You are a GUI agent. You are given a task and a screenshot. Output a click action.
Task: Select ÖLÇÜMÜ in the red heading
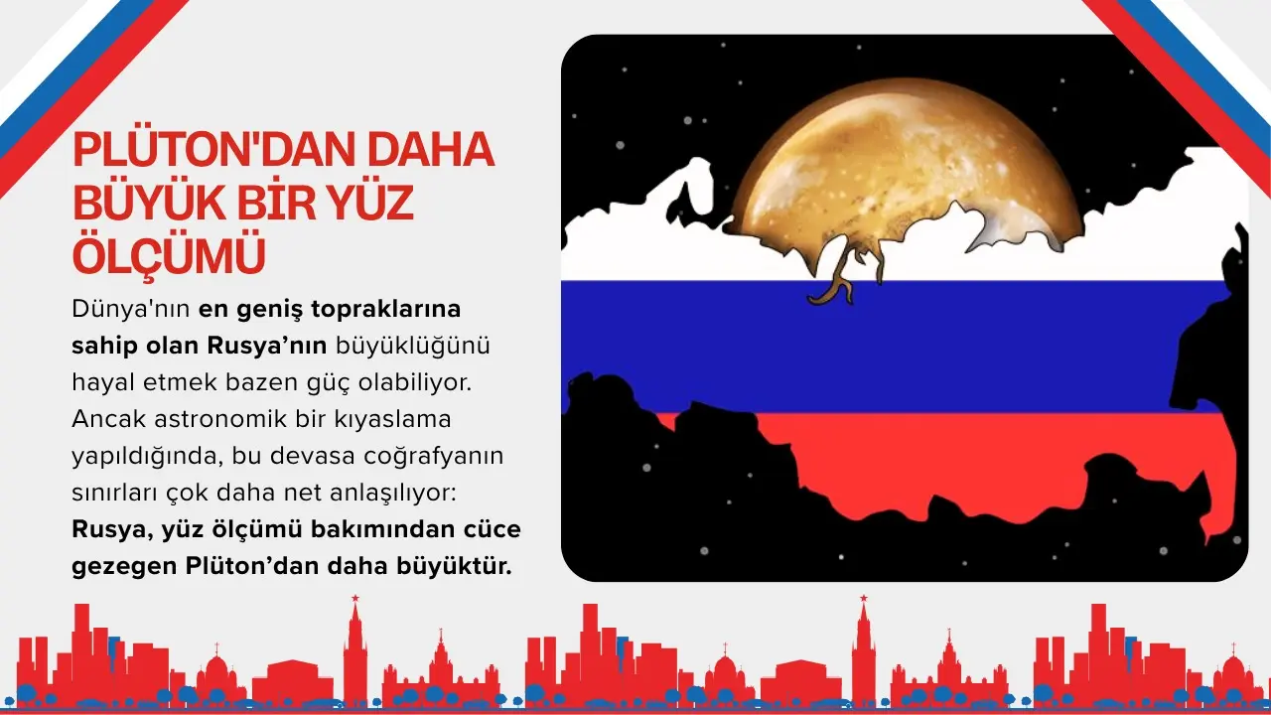coord(169,255)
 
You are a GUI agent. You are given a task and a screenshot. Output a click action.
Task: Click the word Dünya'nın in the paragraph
coord(130,309)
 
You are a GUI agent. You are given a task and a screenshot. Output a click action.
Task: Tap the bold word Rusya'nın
coord(267,347)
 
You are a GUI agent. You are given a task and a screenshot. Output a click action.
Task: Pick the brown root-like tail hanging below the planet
coord(839,278)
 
